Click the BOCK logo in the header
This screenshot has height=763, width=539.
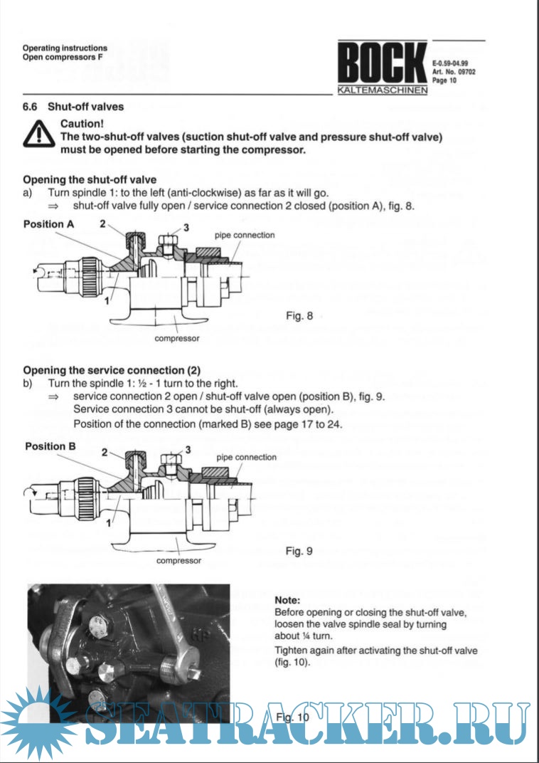pos(382,65)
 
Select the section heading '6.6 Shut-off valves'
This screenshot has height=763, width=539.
pos(73,107)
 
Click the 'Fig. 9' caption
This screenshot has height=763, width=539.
pos(299,550)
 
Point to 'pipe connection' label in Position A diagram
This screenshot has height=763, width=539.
pos(245,235)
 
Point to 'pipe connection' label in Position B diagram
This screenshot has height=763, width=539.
pos(246,457)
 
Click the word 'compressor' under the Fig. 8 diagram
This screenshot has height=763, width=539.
pos(177,338)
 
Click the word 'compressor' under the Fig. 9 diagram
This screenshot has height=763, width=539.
pos(178,560)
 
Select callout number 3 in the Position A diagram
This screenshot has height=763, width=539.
pos(186,227)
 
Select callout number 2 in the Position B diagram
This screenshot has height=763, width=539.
pos(105,452)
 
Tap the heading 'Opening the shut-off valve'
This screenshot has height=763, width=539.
pos(90,179)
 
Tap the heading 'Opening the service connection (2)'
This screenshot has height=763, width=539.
pos(112,370)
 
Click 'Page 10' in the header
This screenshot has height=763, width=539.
pos(444,80)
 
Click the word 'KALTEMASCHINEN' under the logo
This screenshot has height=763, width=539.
pos(382,91)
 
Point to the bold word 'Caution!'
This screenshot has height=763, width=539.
pos(83,124)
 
